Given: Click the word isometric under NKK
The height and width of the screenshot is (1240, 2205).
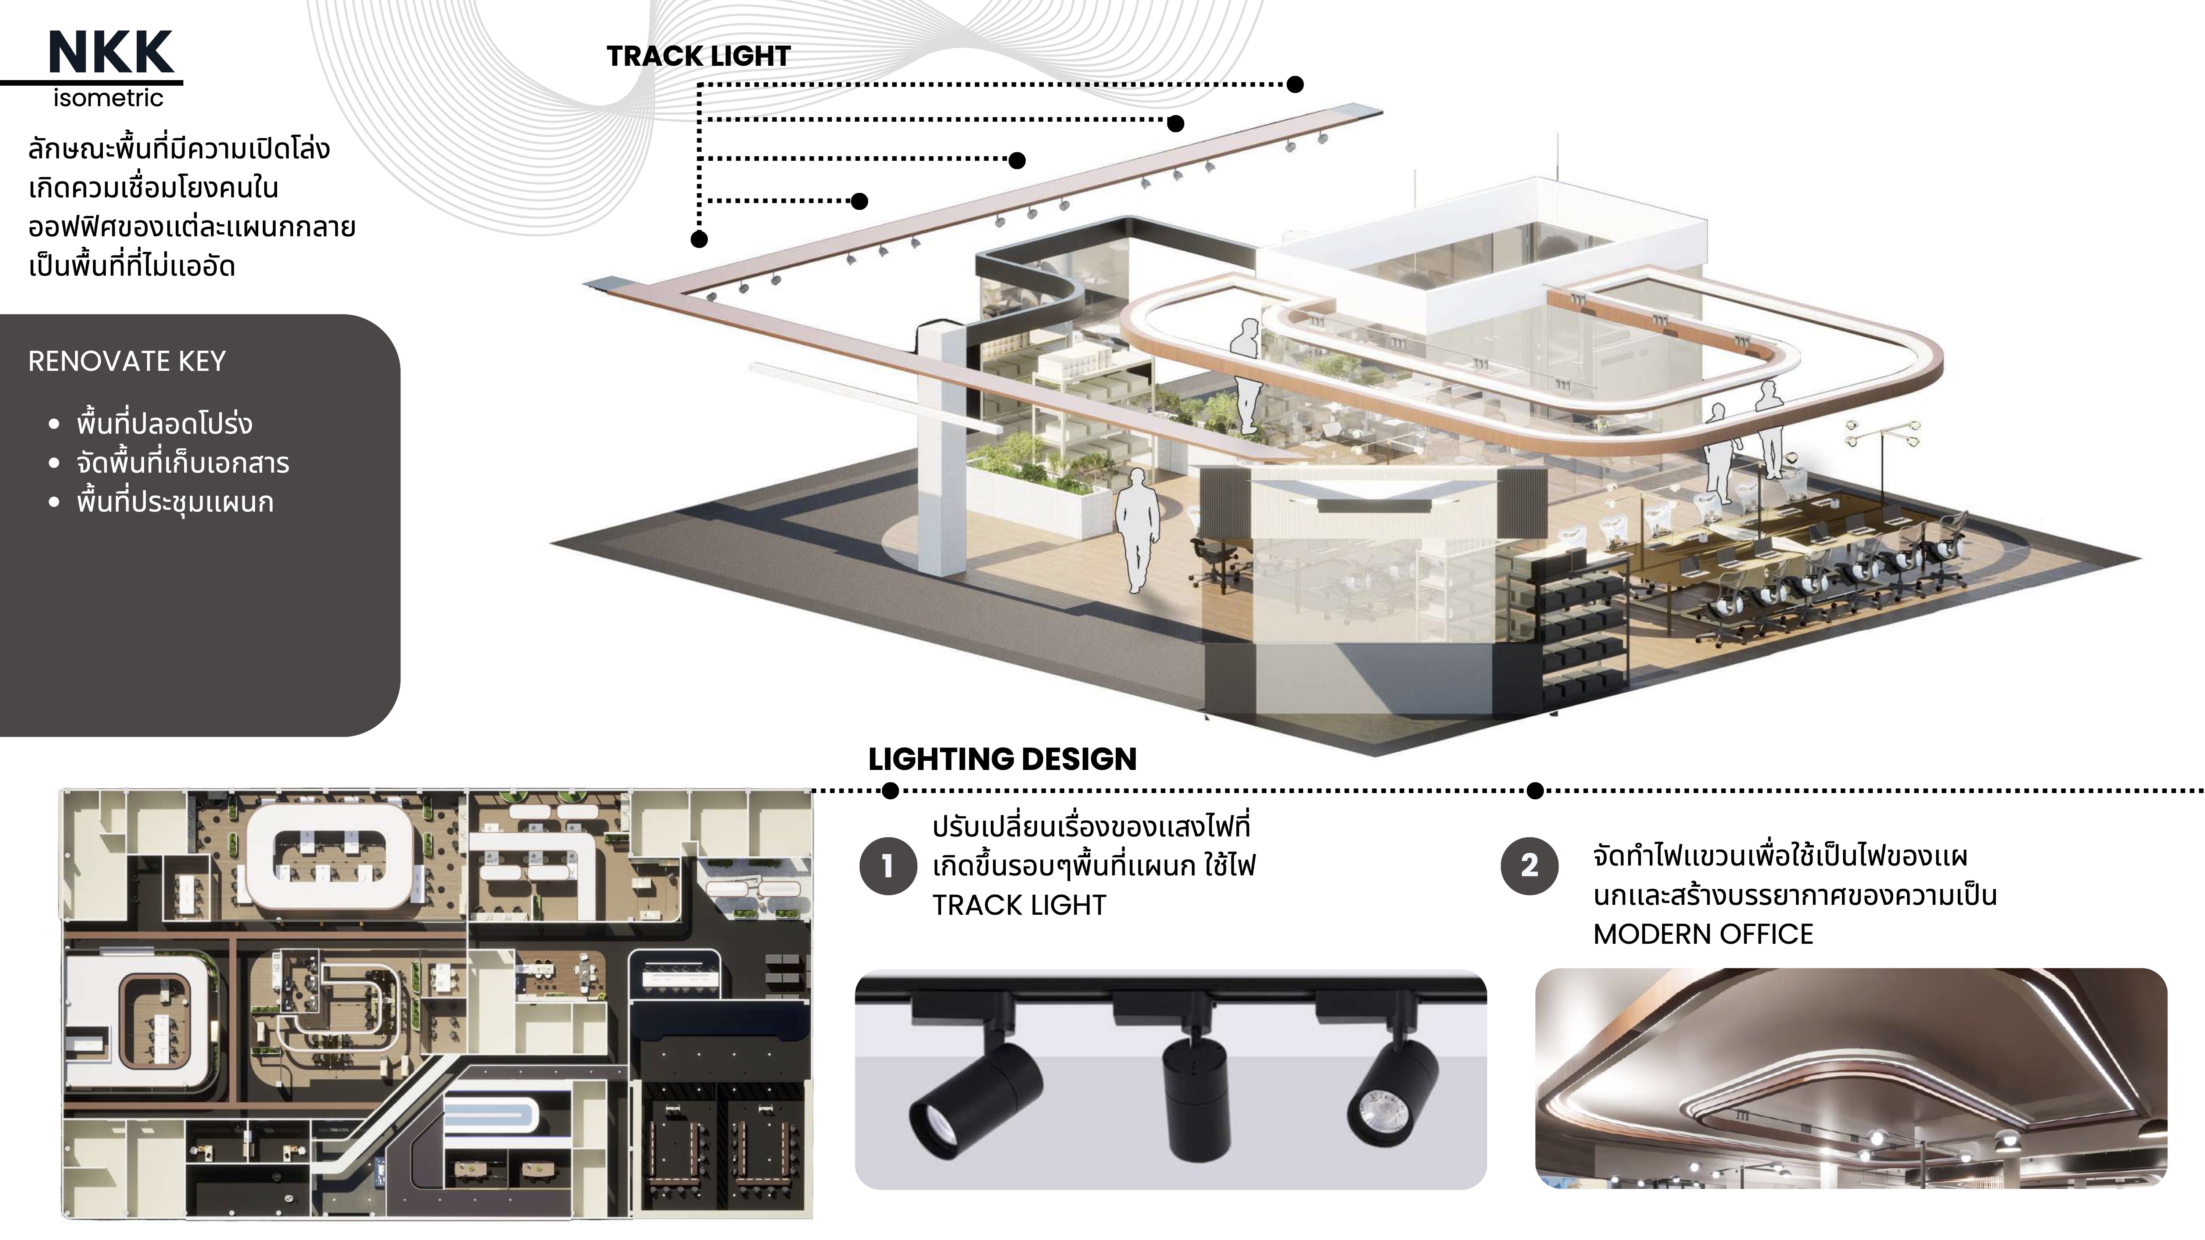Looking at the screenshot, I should click(108, 98).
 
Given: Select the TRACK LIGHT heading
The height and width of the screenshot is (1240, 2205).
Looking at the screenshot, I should click(699, 57).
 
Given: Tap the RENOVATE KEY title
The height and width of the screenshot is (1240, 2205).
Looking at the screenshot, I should click(127, 361).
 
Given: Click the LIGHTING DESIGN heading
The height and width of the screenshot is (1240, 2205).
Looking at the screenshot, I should click(1002, 759).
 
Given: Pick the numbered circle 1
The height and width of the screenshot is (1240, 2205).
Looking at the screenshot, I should click(888, 866).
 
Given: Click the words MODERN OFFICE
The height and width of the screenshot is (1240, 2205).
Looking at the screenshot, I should click(1703, 933).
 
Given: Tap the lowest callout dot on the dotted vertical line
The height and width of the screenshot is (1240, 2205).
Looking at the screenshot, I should click(699, 240).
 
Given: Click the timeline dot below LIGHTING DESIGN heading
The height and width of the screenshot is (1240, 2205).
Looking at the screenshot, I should click(890, 791).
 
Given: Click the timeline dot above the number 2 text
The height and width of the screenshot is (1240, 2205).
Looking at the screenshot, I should click(1536, 791).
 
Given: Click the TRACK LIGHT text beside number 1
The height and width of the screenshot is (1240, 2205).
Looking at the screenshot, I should click(1019, 906).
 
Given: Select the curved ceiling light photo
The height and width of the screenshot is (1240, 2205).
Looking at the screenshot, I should click(1851, 1078).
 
